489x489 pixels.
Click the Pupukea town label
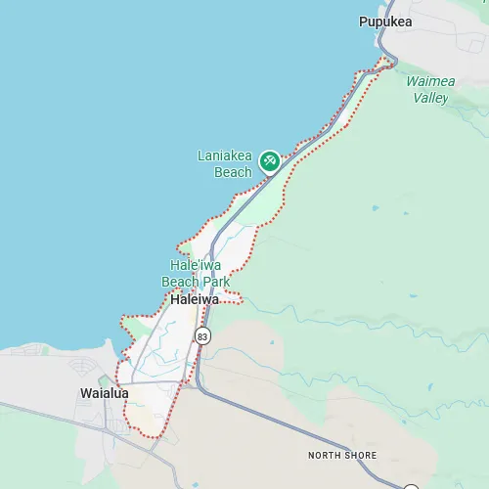tap(385, 22)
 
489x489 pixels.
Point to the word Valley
tap(430, 98)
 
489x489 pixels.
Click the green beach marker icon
tap(269, 160)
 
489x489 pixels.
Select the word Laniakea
tap(225, 156)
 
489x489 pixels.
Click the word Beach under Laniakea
tap(233, 172)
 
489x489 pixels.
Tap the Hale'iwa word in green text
tap(196, 265)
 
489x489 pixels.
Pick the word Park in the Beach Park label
tap(215, 282)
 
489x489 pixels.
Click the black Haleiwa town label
tap(195, 300)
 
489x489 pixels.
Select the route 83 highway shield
tap(202, 335)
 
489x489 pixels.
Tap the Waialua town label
tap(104, 393)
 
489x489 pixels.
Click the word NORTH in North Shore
tap(326, 456)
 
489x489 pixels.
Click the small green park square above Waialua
tap(104, 379)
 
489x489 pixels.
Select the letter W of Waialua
tap(85, 393)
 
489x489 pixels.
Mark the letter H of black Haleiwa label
tap(175, 300)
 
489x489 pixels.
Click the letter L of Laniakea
tap(201, 156)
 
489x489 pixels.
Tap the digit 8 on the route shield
tap(200, 335)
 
